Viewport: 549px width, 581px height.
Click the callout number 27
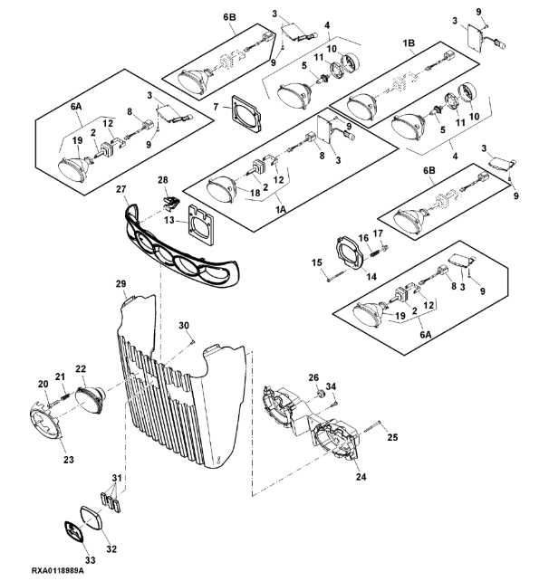coord(120,191)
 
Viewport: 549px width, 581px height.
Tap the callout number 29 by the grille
coord(120,284)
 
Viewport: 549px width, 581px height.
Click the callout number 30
coord(184,325)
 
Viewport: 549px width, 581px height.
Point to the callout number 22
coord(81,368)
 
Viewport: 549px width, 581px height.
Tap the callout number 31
coord(115,479)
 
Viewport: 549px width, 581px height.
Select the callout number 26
coord(313,377)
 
